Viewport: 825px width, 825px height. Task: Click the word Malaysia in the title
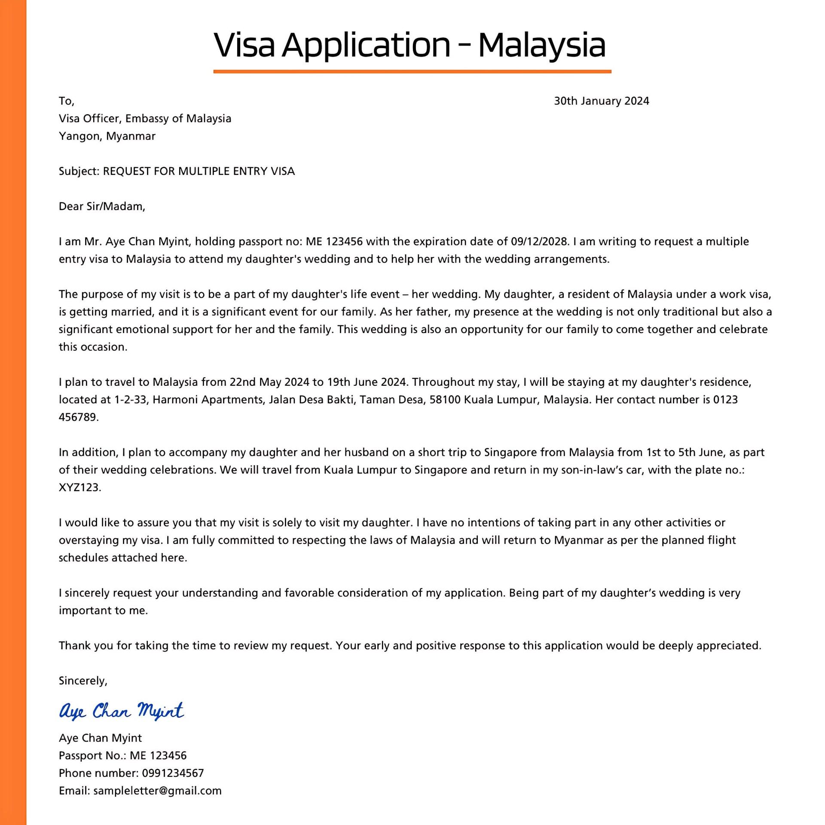541,45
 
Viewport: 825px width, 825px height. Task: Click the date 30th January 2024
601,101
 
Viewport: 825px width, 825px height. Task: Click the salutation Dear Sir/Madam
102,207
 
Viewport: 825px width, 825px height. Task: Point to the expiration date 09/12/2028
539,241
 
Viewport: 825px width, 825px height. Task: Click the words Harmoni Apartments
208,400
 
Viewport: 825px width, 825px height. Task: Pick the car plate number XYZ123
79,488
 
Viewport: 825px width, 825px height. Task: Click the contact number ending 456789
78,417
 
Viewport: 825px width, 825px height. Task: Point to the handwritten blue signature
121,711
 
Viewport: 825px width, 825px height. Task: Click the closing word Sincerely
82,681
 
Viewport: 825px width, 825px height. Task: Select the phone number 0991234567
173,773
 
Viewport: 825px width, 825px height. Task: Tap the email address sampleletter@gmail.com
157,791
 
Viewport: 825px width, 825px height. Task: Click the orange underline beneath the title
412,71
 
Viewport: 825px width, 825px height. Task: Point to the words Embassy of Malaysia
178,119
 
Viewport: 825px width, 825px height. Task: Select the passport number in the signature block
158,755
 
